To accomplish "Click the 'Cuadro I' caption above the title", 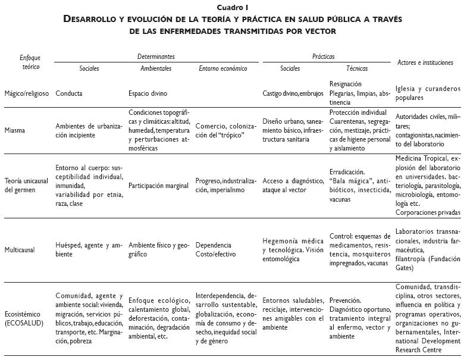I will click(233, 8).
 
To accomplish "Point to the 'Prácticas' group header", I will click(323, 57).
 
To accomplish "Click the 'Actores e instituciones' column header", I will click(425, 62).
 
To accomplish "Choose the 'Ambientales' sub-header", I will click(156, 68).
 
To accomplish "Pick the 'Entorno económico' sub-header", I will click(222, 68).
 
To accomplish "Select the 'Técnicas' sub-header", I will click(357, 68).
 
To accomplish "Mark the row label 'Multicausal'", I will click(20, 250).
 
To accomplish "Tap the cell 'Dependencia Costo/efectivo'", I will click(215, 249).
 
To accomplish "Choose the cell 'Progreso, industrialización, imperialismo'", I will click(227, 185).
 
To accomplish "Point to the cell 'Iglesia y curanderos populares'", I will click(428, 93).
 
